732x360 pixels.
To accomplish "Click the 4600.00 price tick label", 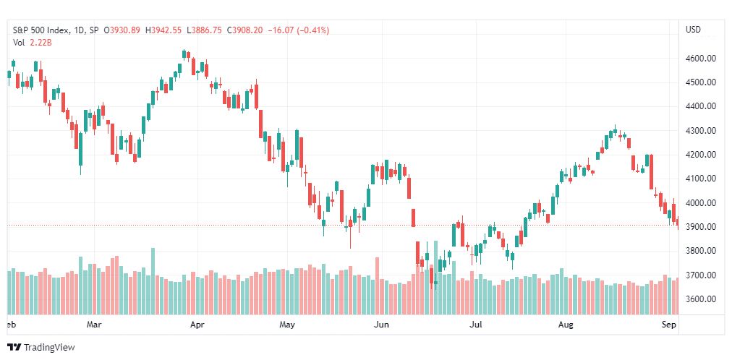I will point(701,58).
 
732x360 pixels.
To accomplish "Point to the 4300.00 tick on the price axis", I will point(701,130).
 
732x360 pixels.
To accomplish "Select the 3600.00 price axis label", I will point(701,299).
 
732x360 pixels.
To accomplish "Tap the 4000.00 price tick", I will point(701,202).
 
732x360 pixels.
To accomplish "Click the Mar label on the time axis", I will point(94,325).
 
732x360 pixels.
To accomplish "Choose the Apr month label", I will point(197,325).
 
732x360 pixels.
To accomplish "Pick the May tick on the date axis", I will point(288,325).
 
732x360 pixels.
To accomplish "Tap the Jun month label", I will point(382,325).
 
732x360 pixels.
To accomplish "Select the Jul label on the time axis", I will point(475,325).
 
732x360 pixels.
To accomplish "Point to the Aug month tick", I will point(566,325).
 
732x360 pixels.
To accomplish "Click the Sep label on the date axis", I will point(668,325).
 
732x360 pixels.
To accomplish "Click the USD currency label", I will point(693,30).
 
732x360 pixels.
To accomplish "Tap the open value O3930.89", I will point(123,30).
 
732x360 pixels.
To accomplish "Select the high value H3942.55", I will point(164,30).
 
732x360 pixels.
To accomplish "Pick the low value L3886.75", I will point(204,30).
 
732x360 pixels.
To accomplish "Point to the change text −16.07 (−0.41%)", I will point(298,30).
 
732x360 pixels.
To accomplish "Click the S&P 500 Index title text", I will point(43,30).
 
